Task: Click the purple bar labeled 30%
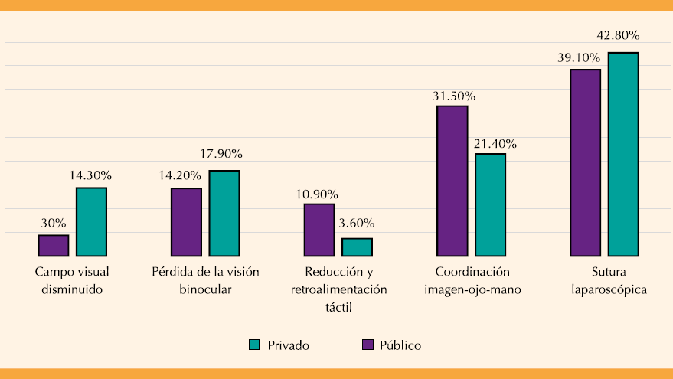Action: (54, 245)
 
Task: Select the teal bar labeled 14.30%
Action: (91, 221)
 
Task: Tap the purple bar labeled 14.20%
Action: (186, 221)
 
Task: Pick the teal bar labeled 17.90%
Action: (224, 213)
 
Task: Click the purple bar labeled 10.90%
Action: (319, 230)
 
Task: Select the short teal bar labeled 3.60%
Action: (357, 247)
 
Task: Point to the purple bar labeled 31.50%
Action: (452, 181)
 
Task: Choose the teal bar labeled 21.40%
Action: (490, 204)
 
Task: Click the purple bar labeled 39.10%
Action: (586, 162)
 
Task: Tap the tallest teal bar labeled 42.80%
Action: (623, 154)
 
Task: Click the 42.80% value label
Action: (618, 35)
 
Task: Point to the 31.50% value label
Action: (454, 96)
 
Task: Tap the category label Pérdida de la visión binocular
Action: (205, 281)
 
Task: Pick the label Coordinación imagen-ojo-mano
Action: (472, 281)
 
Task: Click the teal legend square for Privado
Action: (255, 345)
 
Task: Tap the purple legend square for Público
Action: (368, 345)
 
